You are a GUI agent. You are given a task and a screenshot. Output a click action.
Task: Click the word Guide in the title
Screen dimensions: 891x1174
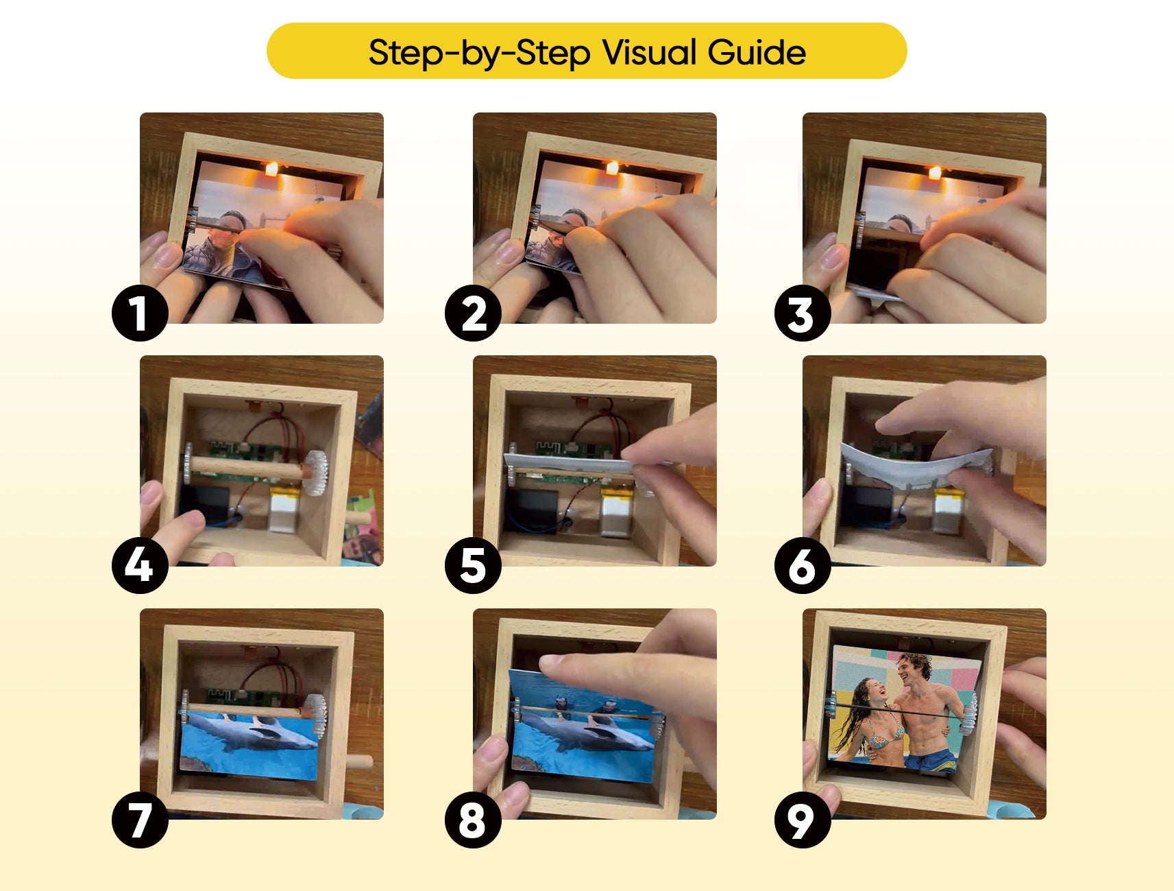757,52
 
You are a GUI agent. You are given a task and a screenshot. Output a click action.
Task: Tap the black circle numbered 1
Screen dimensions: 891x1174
140,314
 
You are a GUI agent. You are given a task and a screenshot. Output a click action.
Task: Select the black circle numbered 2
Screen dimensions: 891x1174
473,314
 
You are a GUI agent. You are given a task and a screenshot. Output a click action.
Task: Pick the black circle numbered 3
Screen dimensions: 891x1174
803,314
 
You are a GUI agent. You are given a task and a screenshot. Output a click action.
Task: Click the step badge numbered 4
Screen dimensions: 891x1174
140,565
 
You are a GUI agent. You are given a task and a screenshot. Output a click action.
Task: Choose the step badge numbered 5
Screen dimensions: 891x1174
473,565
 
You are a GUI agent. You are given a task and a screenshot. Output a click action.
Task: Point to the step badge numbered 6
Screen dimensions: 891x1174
803,565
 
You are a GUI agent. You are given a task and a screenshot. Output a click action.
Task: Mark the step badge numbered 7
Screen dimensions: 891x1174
140,820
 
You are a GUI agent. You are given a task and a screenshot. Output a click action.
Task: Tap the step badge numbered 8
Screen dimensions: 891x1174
473,820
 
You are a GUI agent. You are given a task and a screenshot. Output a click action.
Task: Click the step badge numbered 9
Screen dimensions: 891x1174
803,820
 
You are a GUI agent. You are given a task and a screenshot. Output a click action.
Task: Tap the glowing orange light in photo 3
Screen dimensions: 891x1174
934,173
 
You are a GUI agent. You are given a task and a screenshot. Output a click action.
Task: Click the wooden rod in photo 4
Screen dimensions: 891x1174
247,468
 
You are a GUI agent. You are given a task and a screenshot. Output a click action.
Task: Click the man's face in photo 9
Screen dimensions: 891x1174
913,669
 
